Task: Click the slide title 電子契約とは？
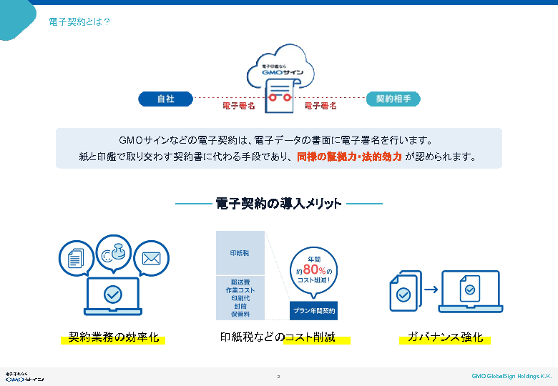point(79,21)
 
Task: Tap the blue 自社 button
point(165,99)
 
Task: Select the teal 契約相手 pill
point(393,99)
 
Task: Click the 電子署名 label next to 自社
point(239,106)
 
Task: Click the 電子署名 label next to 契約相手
point(320,106)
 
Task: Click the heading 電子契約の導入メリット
point(278,204)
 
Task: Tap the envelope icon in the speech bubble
point(151,258)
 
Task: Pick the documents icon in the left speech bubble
point(76,258)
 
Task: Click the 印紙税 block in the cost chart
point(240,253)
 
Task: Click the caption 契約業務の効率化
point(113,337)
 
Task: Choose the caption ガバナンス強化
point(444,337)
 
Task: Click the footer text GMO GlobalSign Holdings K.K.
point(511,376)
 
